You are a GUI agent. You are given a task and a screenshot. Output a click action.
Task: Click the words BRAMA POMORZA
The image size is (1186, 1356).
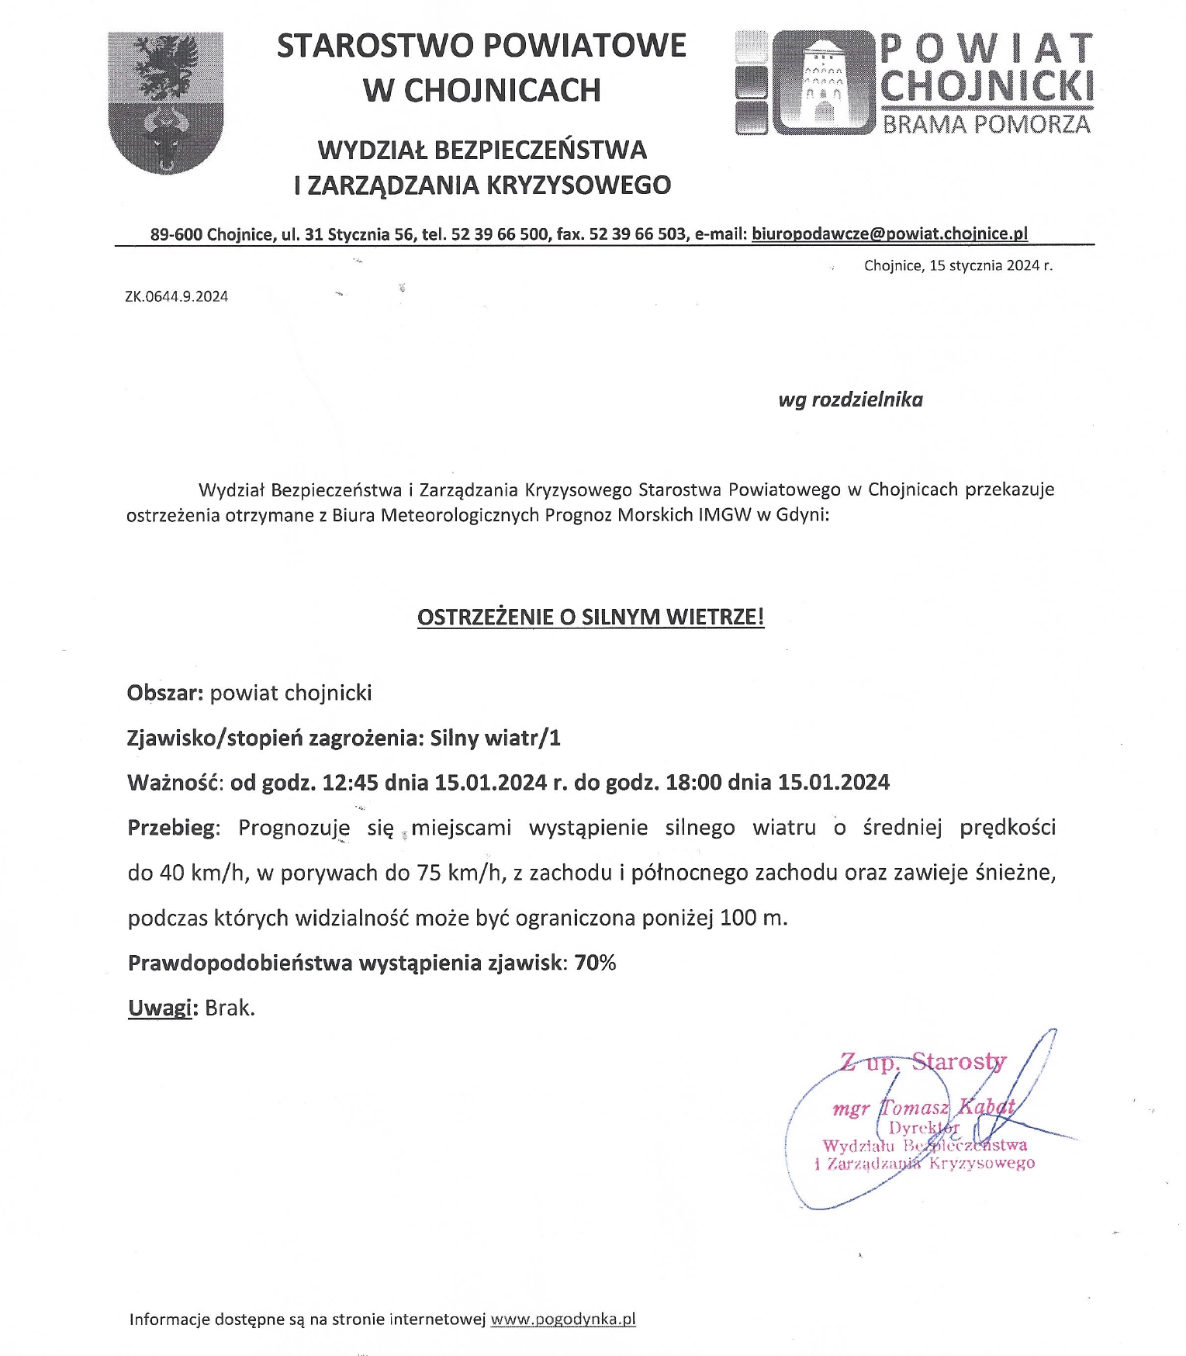(987, 124)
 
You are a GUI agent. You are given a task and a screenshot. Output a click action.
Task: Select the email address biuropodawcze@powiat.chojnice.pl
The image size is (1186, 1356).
(890, 233)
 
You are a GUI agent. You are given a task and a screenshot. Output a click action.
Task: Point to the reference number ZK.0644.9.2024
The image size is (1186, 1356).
(176, 296)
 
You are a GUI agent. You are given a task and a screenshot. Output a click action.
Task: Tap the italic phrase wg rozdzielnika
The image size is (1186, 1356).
(850, 400)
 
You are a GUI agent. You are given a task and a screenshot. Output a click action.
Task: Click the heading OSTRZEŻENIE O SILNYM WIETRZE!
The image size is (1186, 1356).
(590, 617)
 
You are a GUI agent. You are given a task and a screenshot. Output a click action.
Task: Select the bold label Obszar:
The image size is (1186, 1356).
(165, 693)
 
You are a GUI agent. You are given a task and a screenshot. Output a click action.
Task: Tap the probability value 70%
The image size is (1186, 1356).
(595, 963)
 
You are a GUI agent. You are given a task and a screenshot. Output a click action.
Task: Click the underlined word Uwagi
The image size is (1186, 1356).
(160, 1008)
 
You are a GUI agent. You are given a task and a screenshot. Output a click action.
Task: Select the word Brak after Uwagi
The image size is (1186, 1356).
(230, 1008)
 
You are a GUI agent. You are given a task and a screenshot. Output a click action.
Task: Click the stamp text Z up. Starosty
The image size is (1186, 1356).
(923, 1060)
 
